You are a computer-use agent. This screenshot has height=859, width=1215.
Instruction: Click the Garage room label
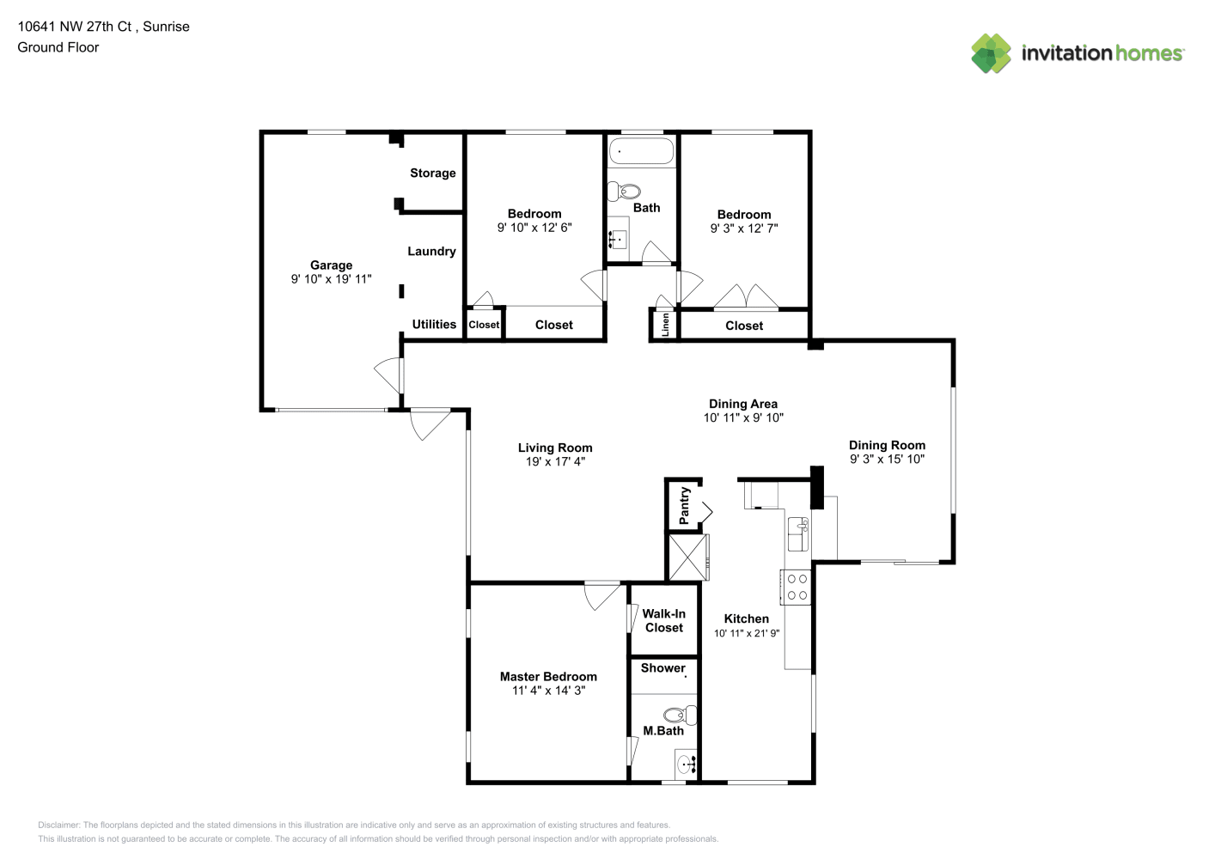(x=331, y=265)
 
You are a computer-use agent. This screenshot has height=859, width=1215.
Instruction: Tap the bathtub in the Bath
(x=641, y=151)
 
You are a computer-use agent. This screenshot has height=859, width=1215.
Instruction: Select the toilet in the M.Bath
(x=681, y=716)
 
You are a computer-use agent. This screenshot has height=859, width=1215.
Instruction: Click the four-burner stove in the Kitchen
(x=796, y=587)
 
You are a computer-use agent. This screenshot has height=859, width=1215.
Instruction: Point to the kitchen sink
(x=798, y=533)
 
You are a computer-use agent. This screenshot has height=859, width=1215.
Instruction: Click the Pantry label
(x=684, y=505)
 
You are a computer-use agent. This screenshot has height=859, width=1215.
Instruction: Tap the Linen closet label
(x=665, y=325)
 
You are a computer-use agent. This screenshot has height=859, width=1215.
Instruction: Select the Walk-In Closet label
(x=664, y=620)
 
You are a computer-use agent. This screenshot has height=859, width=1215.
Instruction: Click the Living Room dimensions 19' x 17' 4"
(x=555, y=461)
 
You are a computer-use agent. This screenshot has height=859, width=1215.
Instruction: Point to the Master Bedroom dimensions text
(x=548, y=691)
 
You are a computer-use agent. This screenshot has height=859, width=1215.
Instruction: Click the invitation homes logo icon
(x=991, y=53)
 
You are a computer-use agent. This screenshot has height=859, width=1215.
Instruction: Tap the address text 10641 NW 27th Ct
(x=75, y=27)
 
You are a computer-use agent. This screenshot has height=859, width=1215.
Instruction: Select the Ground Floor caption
(x=58, y=47)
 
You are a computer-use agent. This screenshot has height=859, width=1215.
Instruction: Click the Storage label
(x=433, y=173)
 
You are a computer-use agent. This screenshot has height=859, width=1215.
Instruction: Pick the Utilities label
(x=434, y=325)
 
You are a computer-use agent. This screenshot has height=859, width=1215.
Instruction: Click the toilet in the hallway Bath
(x=624, y=192)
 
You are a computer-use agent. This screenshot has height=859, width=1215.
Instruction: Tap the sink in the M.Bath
(x=686, y=765)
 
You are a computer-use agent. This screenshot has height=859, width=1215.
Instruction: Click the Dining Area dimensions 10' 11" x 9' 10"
(x=743, y=417)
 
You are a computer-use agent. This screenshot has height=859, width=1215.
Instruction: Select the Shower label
(x=662, y=668)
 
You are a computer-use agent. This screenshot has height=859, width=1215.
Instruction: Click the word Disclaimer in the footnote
(x=58, y=825)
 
